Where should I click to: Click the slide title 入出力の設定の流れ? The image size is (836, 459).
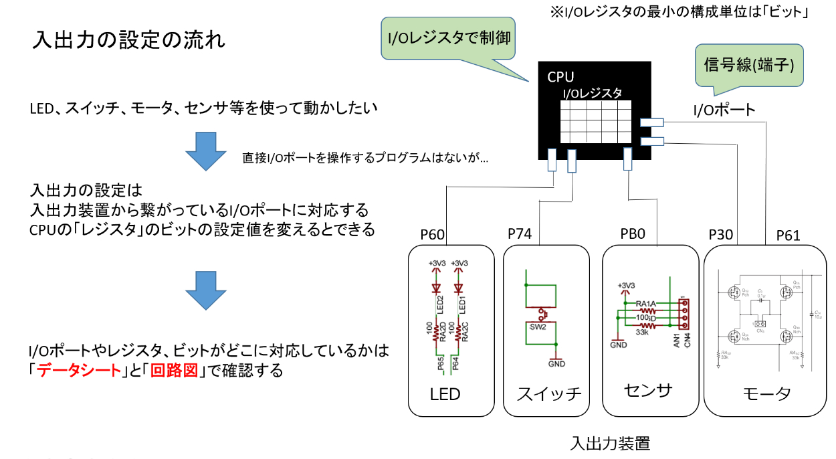pyautogui.click(x=128, y=40)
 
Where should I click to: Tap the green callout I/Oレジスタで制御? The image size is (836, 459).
pyautogui.click(x=449, y=37)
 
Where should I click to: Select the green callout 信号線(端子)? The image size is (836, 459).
pyautogui.click(x=748, y=66)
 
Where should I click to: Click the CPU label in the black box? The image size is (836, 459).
pyautogui.click(x=560, y=77)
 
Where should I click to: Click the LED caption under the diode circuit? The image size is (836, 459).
pyautogui.click(x=445, y=394)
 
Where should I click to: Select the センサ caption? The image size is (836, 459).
pyautogui.click(x=647, y=390)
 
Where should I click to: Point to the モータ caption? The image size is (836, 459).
pyautogui.click(x=766, y=393)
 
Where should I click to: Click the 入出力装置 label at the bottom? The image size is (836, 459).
pyautogui.click(x=610, y=443)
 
